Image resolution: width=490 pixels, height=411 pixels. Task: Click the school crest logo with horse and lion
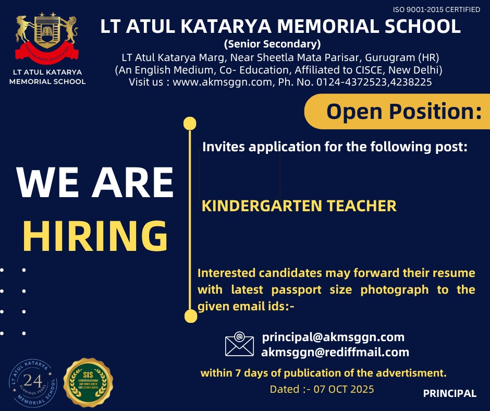(x=47, y=37)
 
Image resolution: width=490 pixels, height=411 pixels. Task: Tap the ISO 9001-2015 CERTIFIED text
(x=436, y=9)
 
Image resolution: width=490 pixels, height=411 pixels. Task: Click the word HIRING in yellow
(x=95, y=236)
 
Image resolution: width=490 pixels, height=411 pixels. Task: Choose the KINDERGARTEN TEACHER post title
(x=299, y=205)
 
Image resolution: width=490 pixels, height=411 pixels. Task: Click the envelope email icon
(x=239, y=344)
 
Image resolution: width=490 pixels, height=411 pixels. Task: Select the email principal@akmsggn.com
(x=333, y=337)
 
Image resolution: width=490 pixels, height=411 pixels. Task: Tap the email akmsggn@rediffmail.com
(x=335, y=352)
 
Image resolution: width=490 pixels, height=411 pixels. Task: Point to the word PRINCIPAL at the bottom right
(x=449, y=394)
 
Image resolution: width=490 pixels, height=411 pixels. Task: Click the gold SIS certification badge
(x=88, y=382)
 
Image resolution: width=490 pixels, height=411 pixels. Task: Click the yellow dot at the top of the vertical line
(x=190, y=124)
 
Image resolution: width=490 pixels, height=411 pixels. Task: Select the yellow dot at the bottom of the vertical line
(x=191, y=316)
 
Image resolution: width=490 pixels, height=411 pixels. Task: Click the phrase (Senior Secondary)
(x=272, y=43)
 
